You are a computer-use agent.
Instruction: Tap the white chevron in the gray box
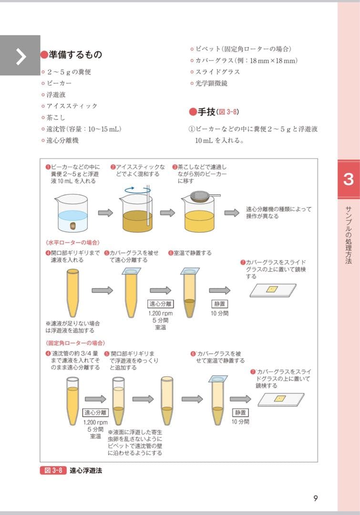21,56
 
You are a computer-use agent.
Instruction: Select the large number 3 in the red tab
348,180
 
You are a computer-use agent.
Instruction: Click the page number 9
315,498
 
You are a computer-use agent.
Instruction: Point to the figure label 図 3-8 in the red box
53,471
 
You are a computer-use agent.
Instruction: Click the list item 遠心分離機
62,140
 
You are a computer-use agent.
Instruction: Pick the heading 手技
207,112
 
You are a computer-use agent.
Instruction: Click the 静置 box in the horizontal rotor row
220,304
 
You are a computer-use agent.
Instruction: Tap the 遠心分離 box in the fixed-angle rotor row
96,412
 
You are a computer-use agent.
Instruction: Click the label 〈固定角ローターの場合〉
75,343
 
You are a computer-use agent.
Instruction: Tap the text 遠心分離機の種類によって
278,209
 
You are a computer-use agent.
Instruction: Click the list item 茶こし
56,117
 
